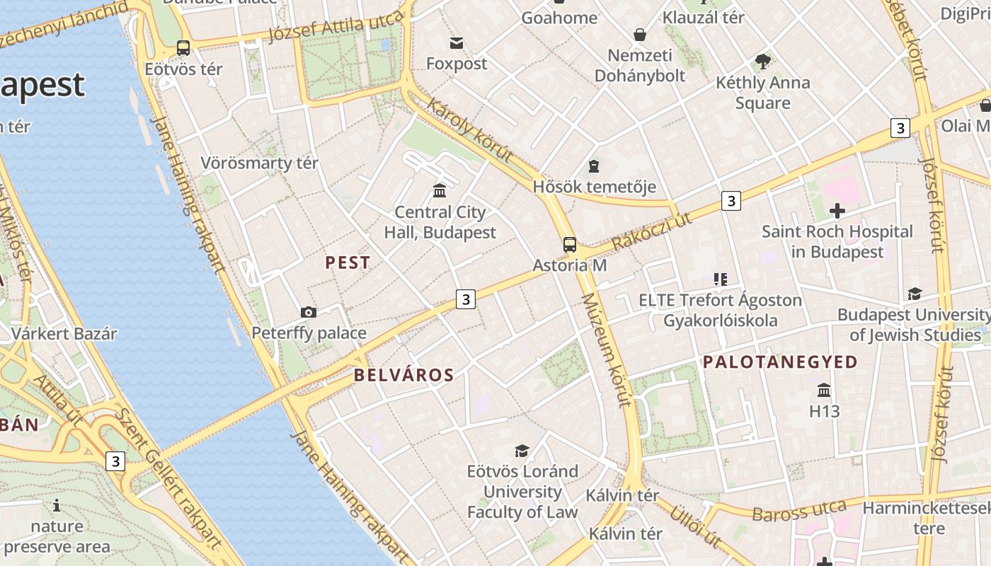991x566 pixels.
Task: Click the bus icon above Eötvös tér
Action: pyautogui.click(x=183, y=48)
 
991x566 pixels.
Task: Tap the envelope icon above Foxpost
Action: pyautogui.click(x=457, y=43)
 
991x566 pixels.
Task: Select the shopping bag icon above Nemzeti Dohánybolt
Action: pyautogui.click(x=640, y=34)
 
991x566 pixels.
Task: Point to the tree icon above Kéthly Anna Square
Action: pyautogui.click(x=762, y=62)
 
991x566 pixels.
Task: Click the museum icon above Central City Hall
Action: pyautogui.click(x=440, y=190)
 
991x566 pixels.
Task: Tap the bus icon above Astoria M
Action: pyautogui.click(x=570, y=245)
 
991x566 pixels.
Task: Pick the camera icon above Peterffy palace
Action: pyautogui.click(x=309, y=312)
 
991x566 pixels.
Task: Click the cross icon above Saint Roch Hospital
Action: pyautogui.click(x=837, y=211)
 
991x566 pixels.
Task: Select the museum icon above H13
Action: pyautogui.click(x=824, y=390)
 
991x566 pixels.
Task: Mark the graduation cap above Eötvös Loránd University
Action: pyautogui.click(x=522, y=451)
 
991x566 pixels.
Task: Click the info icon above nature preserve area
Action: pyautogui.click(x=57, y=506)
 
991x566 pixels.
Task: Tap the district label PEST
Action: pyautogui.click(x=348, y=262)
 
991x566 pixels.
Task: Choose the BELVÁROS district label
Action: pyautogui.click(x=403, y=375)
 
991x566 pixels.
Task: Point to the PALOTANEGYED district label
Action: pyautogui.click(x=780, y=362)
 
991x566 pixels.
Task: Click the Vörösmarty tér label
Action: pyautogui.click(x=259, y=163)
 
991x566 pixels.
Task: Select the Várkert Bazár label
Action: pyautogui.click(x=64, y=333)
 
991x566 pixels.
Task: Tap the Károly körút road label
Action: pyautogui.click(x=469, y=131)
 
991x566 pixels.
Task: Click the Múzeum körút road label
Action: pyautogui.click(x=606, y=350)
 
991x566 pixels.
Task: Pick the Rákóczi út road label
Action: pyautogui.click(x=653, y=231)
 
